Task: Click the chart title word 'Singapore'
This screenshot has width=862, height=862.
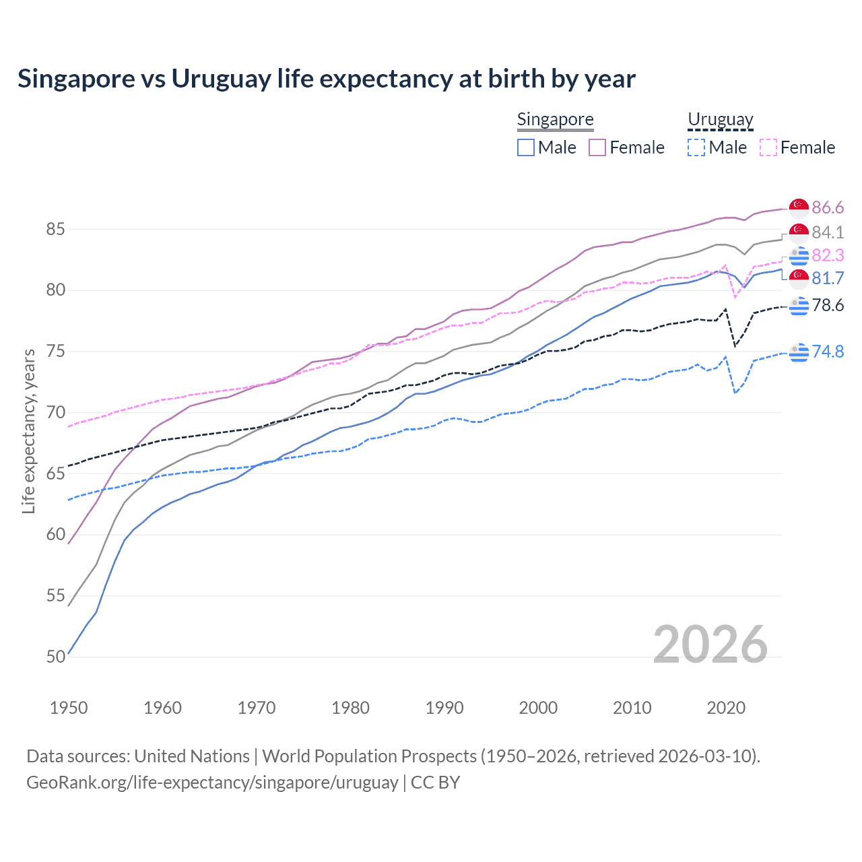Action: coord(76,79)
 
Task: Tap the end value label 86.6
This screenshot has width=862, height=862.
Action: coord(828,207)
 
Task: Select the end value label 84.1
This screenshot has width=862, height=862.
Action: coord(828,232)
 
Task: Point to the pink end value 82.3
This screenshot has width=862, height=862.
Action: coord(828,255)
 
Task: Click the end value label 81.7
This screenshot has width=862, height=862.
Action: coord(828,278)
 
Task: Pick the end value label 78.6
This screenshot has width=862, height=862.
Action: coord(828,306)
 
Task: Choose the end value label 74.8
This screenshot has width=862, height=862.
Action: coord(828,352)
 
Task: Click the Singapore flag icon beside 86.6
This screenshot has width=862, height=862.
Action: coord(799,207)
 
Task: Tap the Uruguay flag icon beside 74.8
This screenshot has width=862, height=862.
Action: coord(799,352)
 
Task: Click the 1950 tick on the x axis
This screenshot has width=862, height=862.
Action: coord(69,708)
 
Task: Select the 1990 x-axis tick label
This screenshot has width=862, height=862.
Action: coord(444,708)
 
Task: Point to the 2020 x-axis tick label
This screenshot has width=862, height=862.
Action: coord(726,708)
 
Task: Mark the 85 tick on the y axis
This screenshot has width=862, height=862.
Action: coord(55,230)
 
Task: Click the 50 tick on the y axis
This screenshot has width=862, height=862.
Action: coord(55,657)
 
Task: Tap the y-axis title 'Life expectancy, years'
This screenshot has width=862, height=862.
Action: coord(28,431)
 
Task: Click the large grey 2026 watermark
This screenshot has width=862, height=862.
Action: coord(710,644)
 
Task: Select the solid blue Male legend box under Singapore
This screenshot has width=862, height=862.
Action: coord(526,147)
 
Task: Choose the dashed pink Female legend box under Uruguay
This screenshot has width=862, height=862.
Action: coord(768,147)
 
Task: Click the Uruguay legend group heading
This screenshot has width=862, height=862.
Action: coord(720,120)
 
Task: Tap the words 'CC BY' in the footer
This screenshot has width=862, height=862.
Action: coord(435,783)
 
